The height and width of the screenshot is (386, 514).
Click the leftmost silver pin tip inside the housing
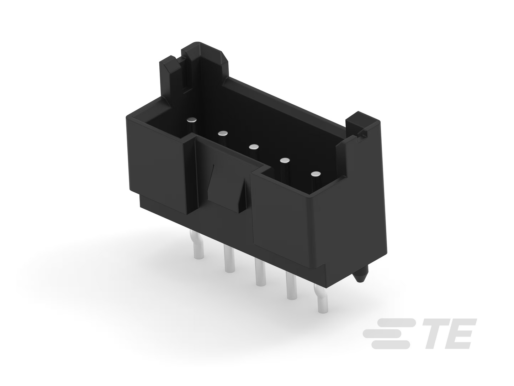(x=191, y=120)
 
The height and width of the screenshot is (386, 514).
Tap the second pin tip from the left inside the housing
(x=222, y=134)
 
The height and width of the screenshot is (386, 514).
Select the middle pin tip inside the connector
(x=254, y=147)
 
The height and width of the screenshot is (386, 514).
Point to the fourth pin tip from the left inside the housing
(x=285, y=161)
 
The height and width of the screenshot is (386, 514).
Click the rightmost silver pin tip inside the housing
(x=316, y=174)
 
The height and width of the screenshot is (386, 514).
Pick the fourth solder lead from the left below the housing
(x=291, y=286)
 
